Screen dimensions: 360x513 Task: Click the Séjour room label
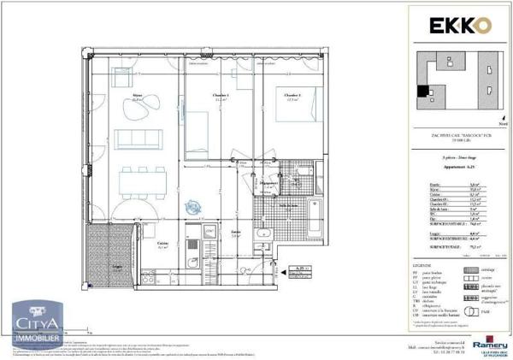(138, 97)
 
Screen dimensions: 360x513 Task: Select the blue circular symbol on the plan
(194, 205)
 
